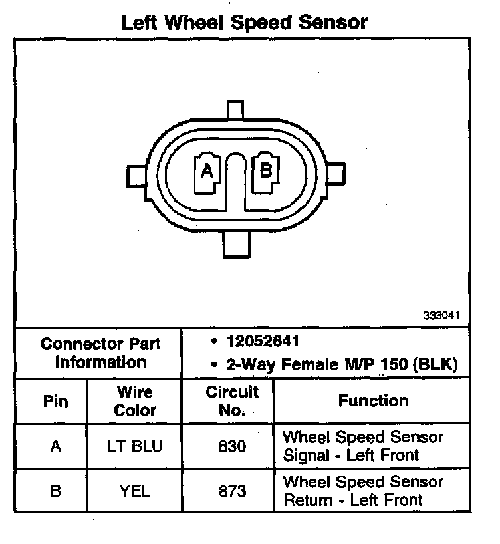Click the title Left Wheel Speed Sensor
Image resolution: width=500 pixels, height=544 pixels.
point(244,22)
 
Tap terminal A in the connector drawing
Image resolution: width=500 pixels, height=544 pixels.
point(207,171)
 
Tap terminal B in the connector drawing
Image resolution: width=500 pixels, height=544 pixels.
point(266,170)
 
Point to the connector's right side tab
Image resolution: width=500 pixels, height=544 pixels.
point(337,175)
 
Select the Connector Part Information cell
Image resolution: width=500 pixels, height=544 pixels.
point(100,353)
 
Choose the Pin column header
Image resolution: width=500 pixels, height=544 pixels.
point(55,402)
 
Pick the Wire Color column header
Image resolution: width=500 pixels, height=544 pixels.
point(135,401)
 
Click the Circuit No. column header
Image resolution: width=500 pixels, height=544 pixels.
point(231,401)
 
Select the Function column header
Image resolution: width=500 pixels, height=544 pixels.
point(373,400)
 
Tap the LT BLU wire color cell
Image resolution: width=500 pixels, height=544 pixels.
point(135,446)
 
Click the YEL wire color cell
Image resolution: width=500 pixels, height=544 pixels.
point(135,491)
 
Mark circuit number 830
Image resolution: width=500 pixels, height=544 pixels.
point(232,446)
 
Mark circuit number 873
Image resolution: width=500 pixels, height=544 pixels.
point(232,491)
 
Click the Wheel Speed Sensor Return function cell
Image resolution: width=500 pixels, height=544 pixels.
point(363,491)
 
